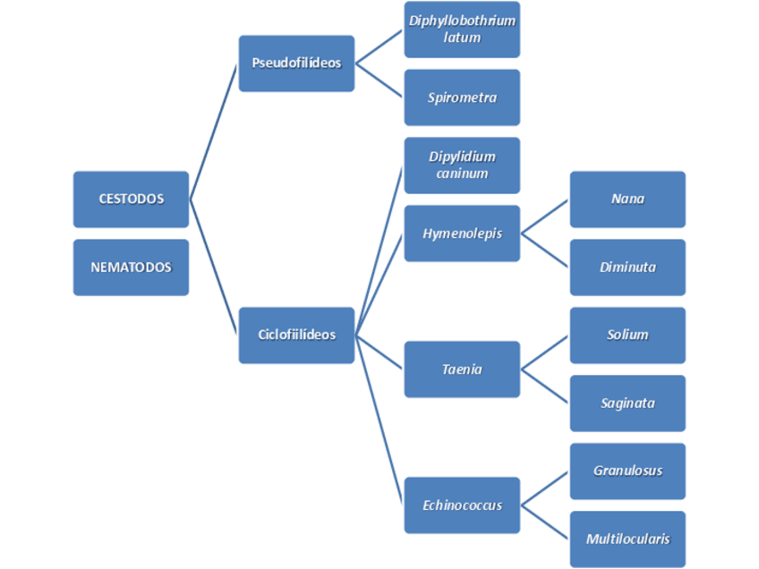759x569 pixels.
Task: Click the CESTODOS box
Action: [x=131, y=199]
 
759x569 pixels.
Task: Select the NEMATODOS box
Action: [x=131, y=267]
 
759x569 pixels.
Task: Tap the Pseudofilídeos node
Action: [x=296, y=64]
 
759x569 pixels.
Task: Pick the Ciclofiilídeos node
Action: [x=296, y=335]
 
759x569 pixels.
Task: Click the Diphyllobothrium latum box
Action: [x=462, y=30]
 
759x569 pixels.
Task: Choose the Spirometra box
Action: [x=462, y=98]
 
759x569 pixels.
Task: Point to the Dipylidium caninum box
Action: [x=462, y=166]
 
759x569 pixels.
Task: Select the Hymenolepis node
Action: [x=462, y=234]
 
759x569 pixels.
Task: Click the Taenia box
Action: [x=462, y=369]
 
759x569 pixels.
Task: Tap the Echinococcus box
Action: [x=462, y=505]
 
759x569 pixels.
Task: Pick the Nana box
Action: [x=627, y=199]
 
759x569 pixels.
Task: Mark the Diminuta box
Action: [x=627, y=267]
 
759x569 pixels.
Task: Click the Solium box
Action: [x=627, y=335]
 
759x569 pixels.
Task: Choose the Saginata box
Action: [x=627, y=403]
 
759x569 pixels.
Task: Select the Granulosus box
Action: [x=627, y=471]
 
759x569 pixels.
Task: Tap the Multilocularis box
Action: [x=627, y=539]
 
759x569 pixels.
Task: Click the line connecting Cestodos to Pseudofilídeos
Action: [x=214, y=131]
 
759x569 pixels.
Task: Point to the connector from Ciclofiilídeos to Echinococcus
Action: [x=379, y=420]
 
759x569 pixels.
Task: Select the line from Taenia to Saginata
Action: [x=545, y=386]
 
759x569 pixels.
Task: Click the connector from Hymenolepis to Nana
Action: [x=545, y=216]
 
